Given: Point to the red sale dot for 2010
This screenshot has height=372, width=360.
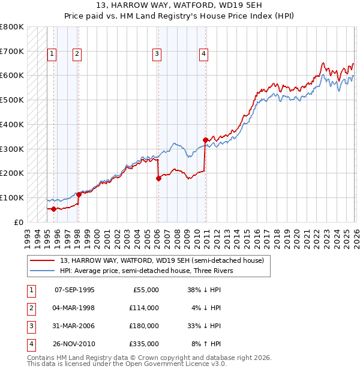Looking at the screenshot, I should pos(205,140).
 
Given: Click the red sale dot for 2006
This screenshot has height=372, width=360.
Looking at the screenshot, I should pos(158,178).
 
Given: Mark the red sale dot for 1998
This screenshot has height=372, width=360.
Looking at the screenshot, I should pos(79,194).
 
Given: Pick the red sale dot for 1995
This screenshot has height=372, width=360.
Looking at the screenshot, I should pos(53,209).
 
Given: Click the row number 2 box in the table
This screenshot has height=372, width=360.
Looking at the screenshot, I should pos(31,308).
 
